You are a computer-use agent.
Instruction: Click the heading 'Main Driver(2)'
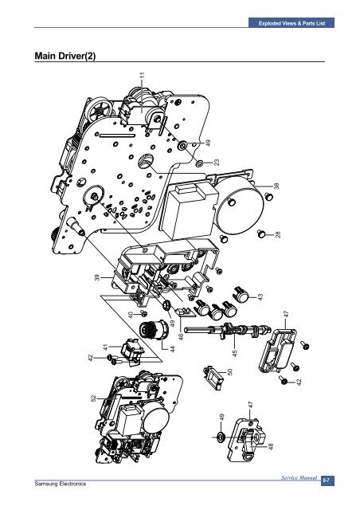click(65, 56)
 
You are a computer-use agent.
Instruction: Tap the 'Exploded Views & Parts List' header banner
click(292, 23)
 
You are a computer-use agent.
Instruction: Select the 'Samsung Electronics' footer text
click(61, 484)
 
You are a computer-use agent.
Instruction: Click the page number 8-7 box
click(327, 481)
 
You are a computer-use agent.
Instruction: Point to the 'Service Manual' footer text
click(299, 478)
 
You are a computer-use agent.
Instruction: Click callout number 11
click(142, 75)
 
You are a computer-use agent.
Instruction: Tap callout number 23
click(217, 162)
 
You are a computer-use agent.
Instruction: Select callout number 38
click(276, 186)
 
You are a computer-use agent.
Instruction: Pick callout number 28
click(277, 234)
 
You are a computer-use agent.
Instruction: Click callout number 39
click(97, 277)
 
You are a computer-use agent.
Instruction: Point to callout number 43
click(260, 297)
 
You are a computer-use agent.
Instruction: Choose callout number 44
click(173, 349)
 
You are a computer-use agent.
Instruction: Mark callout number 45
click(235, 352)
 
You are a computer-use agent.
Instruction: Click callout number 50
click(229, 371)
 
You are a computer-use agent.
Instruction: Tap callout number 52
click(93, 398)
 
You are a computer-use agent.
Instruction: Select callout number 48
click(271, 446)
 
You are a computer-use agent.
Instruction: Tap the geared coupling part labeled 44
click(154, 329)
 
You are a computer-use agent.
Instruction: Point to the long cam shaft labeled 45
click(228, 330)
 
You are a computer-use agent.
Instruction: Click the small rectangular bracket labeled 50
click(213, 377)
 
